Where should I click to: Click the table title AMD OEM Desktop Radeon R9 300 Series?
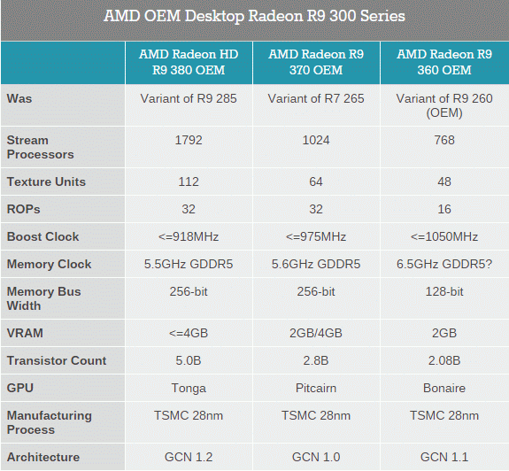click(x=254, y=16)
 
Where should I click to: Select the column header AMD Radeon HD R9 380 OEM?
click(x=189, y=62)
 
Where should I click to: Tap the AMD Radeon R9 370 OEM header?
click(x=316, y=62)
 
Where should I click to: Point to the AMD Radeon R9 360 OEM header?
click(x=444, y=62)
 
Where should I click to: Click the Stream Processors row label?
click(x=40, y=147)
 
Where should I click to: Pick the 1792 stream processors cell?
click(x=189, y=140)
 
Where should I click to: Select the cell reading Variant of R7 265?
click(x=316, y=98)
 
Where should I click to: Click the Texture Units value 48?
click(x=444, y=181)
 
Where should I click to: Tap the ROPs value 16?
click(x=444, y=209)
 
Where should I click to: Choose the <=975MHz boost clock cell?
click(x=316, y=236)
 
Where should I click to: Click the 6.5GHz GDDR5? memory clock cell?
click(x=444, y=264)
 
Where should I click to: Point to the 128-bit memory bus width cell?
click(x=444, y=291)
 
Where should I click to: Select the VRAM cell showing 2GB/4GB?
click(x=316, y=333)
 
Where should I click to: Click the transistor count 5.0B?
click(x=189, y=360)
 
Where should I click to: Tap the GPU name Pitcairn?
click(x=316, y=388)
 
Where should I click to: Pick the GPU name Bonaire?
click(x=444, y=388)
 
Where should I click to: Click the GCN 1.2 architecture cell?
click(x=189, y=457)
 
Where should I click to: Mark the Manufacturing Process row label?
click(x=50, y=422)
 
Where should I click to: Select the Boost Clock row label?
click(x=42, y=236)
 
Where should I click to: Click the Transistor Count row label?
click(x=57, y=360)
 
